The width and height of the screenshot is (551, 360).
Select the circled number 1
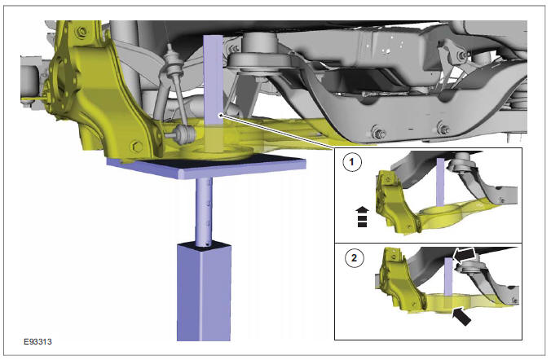click(352, 163)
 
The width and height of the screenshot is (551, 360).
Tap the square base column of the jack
click(205, 293)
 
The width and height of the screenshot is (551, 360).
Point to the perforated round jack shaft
click(205, 212)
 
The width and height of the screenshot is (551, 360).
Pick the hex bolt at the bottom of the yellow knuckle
click(134, 147)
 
